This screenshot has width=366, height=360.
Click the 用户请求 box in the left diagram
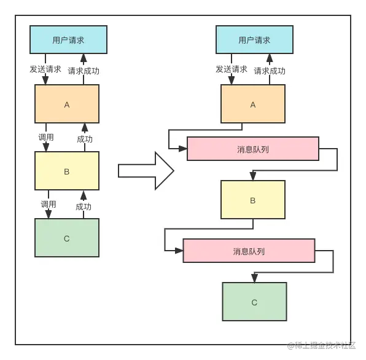68,40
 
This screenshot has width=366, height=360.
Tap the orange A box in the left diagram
67,104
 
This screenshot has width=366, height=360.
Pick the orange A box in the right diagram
253,104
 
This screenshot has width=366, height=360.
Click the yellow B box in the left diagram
67,171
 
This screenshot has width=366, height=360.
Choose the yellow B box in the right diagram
253,200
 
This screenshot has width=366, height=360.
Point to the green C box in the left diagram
67,238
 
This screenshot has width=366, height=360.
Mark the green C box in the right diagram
254,302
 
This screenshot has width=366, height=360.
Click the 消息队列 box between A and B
252,149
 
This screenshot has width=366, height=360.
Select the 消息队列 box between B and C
249,251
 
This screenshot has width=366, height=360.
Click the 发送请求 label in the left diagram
45,69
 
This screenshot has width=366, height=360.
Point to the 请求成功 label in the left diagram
84,71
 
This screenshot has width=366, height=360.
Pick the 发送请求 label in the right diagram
232,69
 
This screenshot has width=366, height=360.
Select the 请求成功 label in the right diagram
270,71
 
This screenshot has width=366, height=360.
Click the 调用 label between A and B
46,137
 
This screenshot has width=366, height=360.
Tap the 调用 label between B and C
49,204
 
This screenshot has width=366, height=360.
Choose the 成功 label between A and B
85,139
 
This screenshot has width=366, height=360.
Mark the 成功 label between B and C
84,206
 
